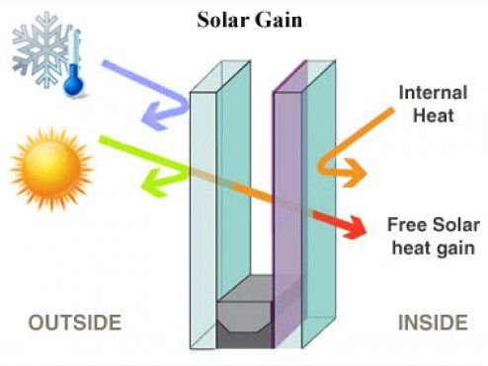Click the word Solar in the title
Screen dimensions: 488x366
[222, 20]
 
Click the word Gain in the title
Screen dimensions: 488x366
[279, 20]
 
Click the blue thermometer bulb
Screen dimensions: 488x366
[73, 83]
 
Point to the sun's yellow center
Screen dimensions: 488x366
[51, 168]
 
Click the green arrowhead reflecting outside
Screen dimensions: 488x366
[155, 183]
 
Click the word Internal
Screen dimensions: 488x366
[433, 93]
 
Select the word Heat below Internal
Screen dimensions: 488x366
[434, 115]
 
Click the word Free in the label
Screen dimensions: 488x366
[407, 225]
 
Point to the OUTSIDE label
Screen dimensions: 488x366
[75, 323]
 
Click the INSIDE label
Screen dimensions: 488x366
[433, 323]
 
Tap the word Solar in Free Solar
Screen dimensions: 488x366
[456, 225]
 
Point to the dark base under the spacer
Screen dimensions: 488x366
[245, 339]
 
